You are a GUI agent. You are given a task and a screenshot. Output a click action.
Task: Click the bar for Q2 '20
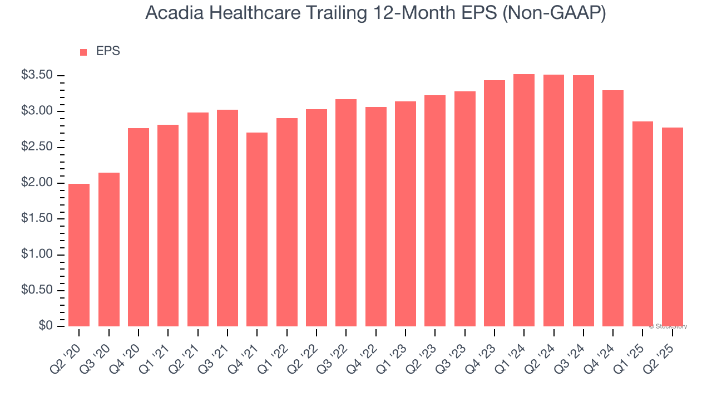(x=79, y=255)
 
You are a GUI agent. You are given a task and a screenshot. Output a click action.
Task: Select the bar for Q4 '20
(x=139, y=227)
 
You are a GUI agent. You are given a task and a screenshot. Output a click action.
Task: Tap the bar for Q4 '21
(x=257, y=229)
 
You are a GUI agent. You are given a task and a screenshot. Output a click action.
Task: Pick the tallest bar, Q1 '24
(x=524, y=200)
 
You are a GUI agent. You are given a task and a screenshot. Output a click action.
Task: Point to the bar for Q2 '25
(x=672, y=227)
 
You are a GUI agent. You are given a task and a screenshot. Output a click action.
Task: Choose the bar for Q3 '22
(x=346, y=213)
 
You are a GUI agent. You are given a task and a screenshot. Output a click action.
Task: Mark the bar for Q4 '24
(x=613, y=208)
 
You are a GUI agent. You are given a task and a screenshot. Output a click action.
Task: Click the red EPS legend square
(x=83, y=52)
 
